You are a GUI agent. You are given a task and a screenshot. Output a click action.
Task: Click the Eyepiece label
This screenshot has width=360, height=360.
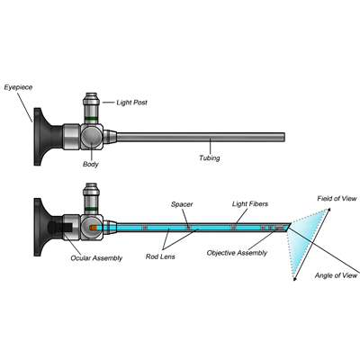pyautogui.click(x=18, y=87)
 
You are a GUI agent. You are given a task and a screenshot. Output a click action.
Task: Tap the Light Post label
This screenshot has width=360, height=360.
pyautogui.click(x=132, y=103)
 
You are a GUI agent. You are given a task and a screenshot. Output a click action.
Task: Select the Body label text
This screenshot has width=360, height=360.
pyautogui.click(x=91, y=164)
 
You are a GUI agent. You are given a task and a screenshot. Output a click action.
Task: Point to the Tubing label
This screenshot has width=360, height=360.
pyautogui.click(x=210, y=157)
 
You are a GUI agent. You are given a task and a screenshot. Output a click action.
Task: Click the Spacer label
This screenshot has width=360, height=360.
pyautogui.click(x=182, y=204)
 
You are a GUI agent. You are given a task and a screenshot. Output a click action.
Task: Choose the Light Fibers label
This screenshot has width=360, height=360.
pyautogui.click(x=250, y=204)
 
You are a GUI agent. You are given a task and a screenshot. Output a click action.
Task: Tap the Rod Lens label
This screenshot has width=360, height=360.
pyautogui.click(x=160, y=256)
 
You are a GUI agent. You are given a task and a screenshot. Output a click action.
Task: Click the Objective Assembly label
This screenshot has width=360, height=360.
pyautogui.click(x=237, y=253)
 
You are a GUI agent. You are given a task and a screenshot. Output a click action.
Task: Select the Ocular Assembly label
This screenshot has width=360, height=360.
pyautogui.click(x=96, y=258)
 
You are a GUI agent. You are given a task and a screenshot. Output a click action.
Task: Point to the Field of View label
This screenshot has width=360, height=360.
pyautogui.click(x=337, y=199)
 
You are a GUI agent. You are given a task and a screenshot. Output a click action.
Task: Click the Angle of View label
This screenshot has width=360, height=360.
pyautogui.click(x=336, y=275)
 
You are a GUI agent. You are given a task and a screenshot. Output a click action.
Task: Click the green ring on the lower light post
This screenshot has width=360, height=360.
pyautogui.click(x=91, y=210)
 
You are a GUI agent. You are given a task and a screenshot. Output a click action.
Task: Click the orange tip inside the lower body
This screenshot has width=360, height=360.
pyautogui.click(x=93, y=228)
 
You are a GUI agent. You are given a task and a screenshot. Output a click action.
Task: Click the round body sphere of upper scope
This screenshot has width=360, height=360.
pyautogui.click(x=92, y=137)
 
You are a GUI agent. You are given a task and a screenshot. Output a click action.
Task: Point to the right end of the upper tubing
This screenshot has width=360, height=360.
pyautogui.click(x=284, y=137)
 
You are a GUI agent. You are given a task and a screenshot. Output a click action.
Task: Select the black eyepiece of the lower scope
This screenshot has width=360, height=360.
pyautogui.click(x=43, y=227)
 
